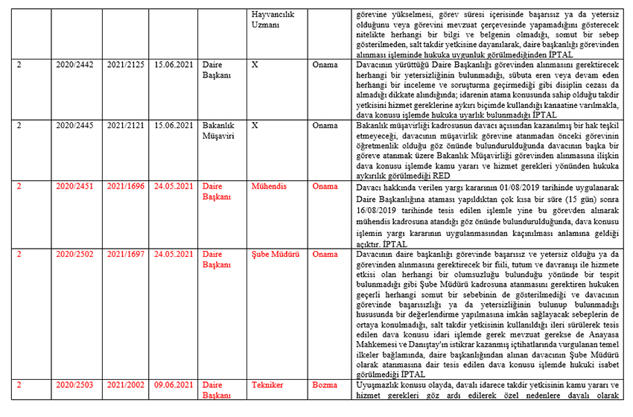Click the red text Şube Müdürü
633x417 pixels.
tap(276, 254)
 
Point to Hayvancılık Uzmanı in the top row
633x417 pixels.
tap(276, 19)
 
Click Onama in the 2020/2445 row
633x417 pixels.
tap(325, 126)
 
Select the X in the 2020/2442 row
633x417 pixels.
tap(256, 65)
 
